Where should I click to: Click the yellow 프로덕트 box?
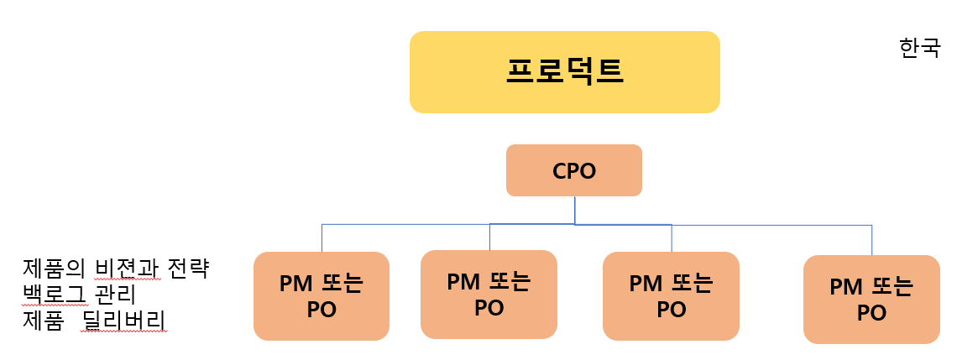click(564, 72)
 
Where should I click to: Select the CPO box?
click(573, 170)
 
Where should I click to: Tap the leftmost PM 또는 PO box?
click(321, 296)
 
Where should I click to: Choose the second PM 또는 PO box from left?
click(489, 295)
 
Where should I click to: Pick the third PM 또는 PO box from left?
click(671, 296)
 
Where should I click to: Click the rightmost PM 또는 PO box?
click(871, 300)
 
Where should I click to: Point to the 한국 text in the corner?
click(919, 48)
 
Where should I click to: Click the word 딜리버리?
click(123, 321)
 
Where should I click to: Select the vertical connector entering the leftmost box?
click(322, 238)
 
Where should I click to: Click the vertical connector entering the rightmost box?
click(871, 240)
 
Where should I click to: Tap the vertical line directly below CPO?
click(574, 210)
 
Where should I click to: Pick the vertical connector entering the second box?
click(489, 237)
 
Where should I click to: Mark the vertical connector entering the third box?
click(672, 238)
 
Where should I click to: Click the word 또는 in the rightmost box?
click(891, 287)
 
